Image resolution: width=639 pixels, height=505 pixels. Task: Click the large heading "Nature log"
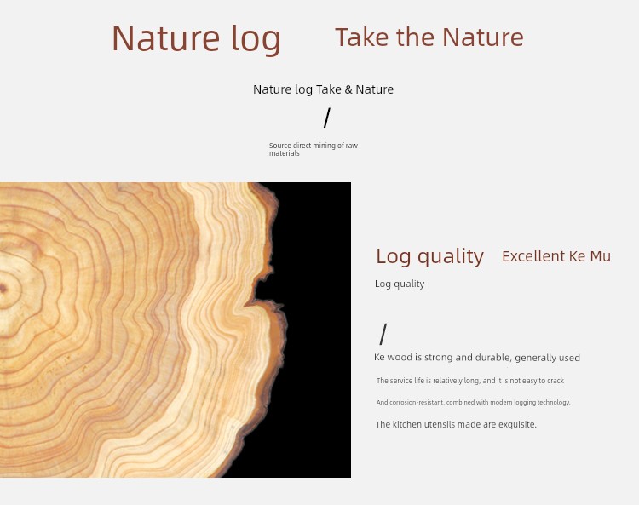pos(196,38)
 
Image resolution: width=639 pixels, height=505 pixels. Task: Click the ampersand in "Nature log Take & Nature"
pos(348,89)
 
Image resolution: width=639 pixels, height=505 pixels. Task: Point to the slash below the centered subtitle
pos(327,118)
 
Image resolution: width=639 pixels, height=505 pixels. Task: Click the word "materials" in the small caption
pos(285,153)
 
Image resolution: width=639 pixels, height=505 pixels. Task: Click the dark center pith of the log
pos(3,289)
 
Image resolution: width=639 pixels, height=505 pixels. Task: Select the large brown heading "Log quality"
pos(429,257)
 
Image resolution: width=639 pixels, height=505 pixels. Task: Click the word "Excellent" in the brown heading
pos(533,256)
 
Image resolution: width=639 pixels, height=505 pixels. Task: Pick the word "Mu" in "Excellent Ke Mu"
pos(601,256)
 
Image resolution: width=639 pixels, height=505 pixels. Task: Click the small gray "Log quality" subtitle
pos(400,284)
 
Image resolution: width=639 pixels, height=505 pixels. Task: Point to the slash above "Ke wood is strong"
pos(383,334)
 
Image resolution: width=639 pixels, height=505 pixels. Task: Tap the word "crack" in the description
pos(556,381)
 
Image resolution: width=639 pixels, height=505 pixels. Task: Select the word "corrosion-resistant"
pos(417,402)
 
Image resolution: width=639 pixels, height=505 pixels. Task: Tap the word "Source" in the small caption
pos(280,146)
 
